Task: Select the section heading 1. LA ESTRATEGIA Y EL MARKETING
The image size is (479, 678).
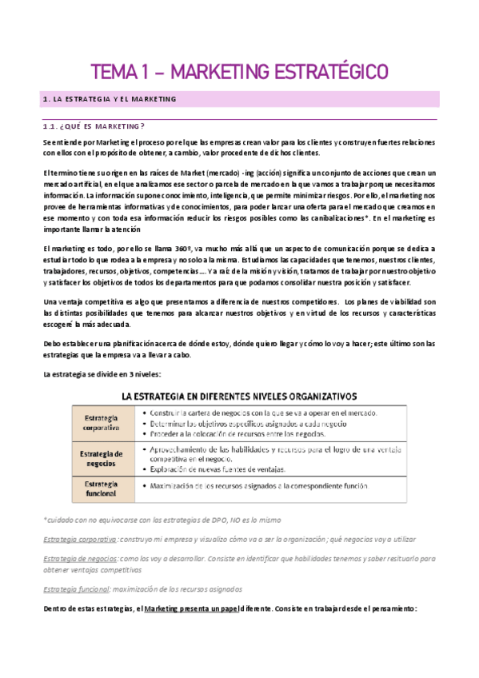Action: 108,99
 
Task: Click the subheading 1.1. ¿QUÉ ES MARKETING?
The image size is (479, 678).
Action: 94,126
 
